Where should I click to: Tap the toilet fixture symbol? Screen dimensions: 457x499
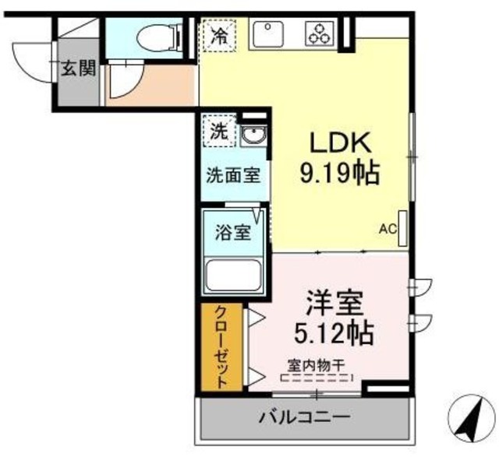coord(157,35)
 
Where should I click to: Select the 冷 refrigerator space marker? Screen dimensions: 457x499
coord(221,35)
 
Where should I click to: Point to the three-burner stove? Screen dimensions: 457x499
coord(320,33)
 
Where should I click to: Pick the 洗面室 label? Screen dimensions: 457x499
coord(232,175)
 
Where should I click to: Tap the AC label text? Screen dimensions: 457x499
coord(388,229)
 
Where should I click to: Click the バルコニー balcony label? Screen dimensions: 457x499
coord(305,417)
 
